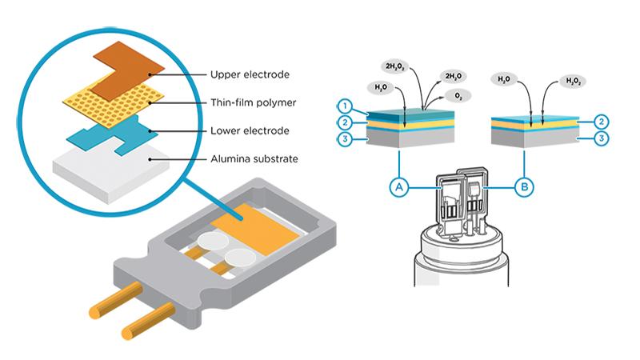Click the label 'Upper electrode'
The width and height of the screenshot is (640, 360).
249,75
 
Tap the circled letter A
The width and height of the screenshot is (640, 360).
398,187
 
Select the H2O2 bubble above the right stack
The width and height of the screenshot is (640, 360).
574,81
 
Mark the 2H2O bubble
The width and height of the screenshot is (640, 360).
452,75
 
